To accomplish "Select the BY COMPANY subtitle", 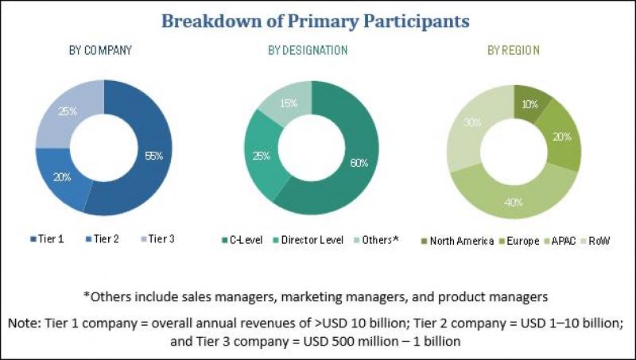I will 100,50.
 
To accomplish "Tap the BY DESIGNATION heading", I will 308,50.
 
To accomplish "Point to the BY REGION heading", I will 514,50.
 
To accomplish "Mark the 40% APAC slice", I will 513,202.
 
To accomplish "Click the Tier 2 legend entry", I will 101,239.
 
